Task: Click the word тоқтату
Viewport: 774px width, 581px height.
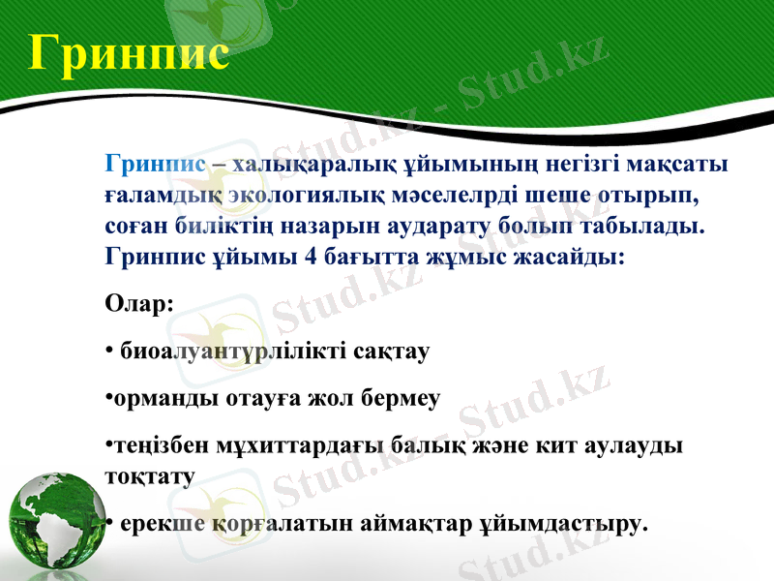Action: (x=149, y=476)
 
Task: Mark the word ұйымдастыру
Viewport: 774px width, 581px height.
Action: (x=561, y=525)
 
